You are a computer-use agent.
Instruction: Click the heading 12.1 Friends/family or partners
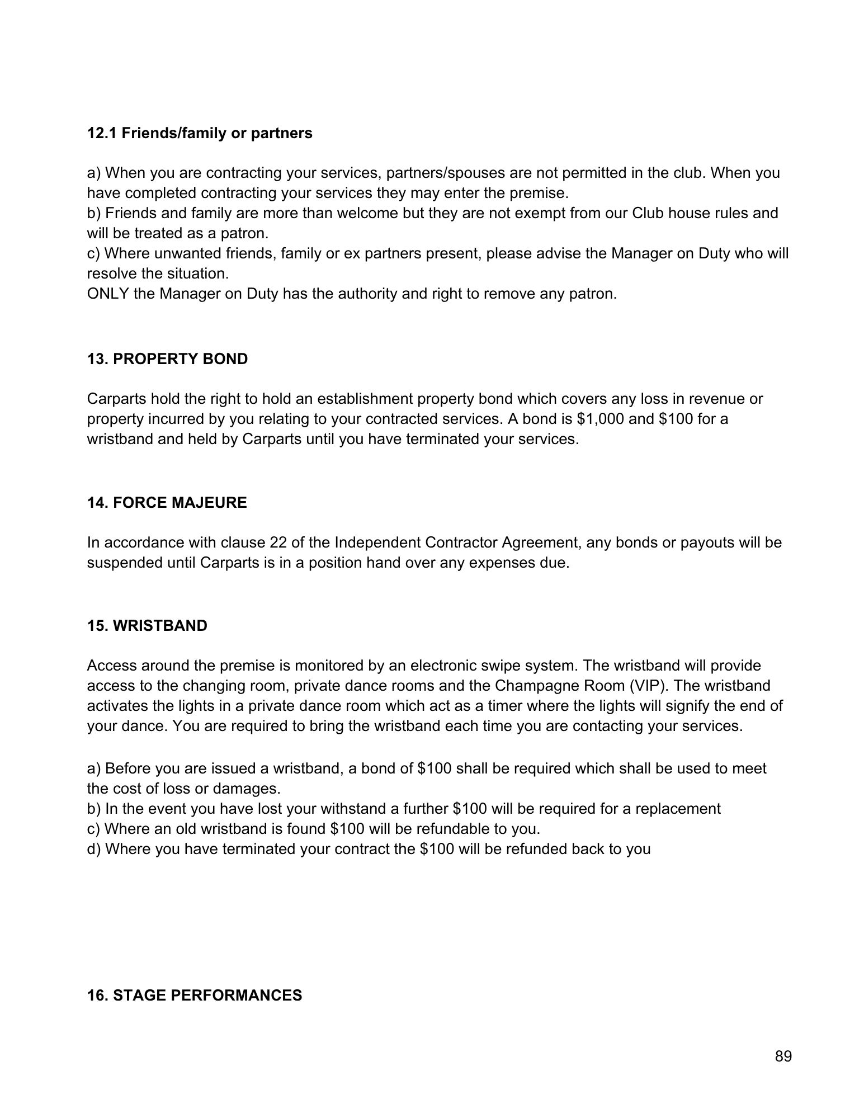point(200,133)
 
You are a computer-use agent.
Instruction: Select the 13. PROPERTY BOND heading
point(167,359)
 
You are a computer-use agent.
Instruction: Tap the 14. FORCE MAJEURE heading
point(167,503)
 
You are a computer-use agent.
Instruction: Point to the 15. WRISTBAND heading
point(147,626)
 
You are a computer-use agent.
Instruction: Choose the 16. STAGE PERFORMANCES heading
point(194,996)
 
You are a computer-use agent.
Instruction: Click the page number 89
point(783,1056)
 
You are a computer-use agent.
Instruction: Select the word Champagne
point(530,686)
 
